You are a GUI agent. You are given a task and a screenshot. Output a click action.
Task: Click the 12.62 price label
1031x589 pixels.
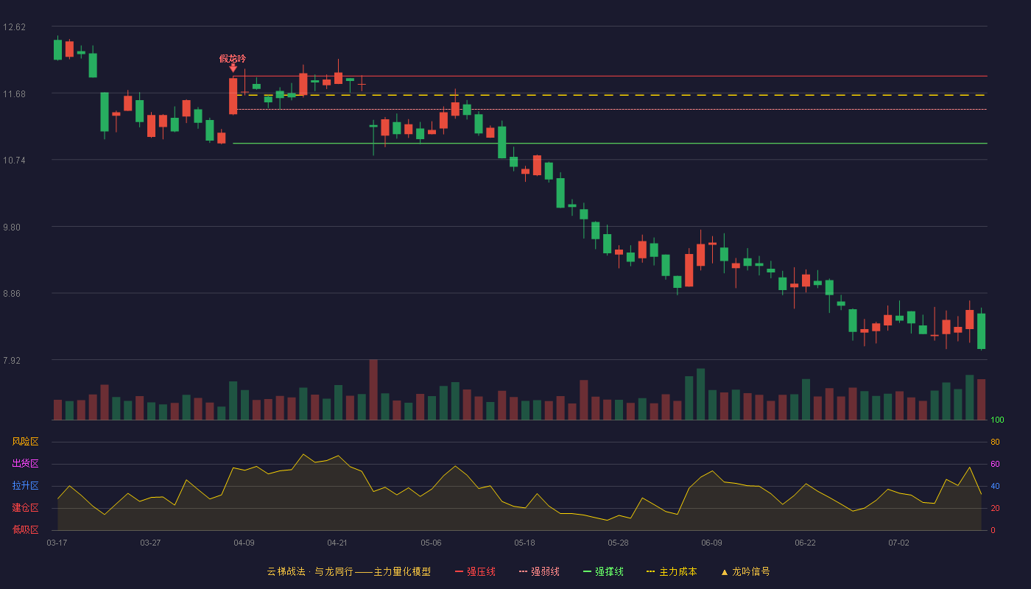14,27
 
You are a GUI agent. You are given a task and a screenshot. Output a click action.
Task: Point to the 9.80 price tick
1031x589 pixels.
12,228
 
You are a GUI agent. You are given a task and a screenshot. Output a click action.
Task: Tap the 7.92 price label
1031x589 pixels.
12,360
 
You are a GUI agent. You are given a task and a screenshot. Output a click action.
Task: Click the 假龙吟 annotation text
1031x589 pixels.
233,58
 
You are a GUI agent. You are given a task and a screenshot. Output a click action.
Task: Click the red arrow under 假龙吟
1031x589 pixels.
233,68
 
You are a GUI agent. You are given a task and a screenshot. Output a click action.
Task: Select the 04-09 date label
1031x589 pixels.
244,543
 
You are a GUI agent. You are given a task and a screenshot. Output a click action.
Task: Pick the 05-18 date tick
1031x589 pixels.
524,543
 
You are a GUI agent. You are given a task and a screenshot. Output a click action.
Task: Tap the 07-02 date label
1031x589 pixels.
899,543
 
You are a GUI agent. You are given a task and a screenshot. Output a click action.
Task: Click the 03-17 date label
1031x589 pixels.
57,543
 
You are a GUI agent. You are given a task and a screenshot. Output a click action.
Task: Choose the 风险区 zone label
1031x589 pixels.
25,442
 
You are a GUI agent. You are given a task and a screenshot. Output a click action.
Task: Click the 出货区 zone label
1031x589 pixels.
25,463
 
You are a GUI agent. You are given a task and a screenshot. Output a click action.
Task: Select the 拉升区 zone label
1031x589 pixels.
25,485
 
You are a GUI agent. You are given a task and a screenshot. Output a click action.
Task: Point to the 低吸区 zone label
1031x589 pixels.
25,529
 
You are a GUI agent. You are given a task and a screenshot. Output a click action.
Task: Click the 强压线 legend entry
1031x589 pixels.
475,571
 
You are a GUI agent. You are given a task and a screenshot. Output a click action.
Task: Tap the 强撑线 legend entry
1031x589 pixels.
603,571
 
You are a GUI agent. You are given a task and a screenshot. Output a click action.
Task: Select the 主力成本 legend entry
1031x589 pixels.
672,571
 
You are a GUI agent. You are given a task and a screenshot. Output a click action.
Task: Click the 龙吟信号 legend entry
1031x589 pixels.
745,571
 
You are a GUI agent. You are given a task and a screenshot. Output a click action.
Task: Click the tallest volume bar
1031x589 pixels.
373,389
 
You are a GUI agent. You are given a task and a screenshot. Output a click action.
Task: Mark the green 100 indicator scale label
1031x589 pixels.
997,420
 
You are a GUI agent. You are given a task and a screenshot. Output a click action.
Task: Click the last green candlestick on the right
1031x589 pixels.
981,331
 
